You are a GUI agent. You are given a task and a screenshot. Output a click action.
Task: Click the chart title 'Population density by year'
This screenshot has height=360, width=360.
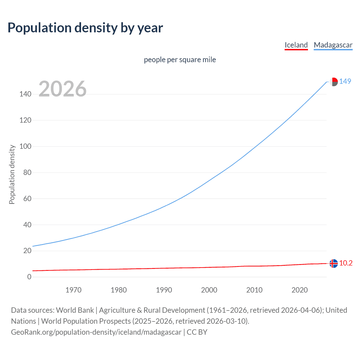[x=85, y=28]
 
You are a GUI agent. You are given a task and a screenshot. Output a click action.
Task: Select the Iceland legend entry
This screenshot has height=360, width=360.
[x=296, y=45]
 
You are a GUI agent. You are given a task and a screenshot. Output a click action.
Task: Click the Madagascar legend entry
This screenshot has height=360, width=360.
[x=333, y=45]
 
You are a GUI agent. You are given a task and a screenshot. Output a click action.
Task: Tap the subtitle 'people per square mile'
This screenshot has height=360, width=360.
[x=180, y=60]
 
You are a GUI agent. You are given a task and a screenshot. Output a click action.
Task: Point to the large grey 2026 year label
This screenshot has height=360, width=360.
[x=62, y=89]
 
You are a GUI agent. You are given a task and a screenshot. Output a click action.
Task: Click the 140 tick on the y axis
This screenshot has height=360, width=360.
[x=25, y=94]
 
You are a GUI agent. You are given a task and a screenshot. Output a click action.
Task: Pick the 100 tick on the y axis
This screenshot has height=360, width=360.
[x=25, y=147]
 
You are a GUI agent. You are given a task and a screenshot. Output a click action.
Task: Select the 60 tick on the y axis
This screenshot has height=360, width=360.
[x=27, y=199]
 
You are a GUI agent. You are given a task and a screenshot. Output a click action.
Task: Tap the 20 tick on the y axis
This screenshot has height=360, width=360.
[x=27, y=251]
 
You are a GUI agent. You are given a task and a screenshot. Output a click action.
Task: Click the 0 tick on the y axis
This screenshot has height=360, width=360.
[x=29, y=277]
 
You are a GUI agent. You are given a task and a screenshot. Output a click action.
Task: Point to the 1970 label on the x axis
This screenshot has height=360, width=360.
[x=73, y=290]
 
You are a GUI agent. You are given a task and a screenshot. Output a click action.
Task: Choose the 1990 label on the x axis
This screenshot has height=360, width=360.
[x=164, y=290]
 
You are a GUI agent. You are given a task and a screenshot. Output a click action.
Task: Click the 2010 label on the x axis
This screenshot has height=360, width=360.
[x=254, y=290]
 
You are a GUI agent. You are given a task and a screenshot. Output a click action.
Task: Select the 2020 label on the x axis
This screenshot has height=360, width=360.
[x=300, y=290]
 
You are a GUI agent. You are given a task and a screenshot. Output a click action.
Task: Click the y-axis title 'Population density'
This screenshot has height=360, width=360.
[x=12, y=174]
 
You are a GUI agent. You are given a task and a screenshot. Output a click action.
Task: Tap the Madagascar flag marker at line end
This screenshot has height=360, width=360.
[x=334, y=82]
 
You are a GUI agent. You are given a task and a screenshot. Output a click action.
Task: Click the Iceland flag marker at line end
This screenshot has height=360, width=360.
[x=334, y=264]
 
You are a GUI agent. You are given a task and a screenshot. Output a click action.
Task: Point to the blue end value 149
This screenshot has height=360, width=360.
[x=345, y=82]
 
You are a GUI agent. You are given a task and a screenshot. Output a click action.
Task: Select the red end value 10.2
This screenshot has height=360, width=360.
[x=346, y=263]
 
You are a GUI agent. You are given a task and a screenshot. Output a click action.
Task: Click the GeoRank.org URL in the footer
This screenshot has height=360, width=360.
[x=96, y=332]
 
